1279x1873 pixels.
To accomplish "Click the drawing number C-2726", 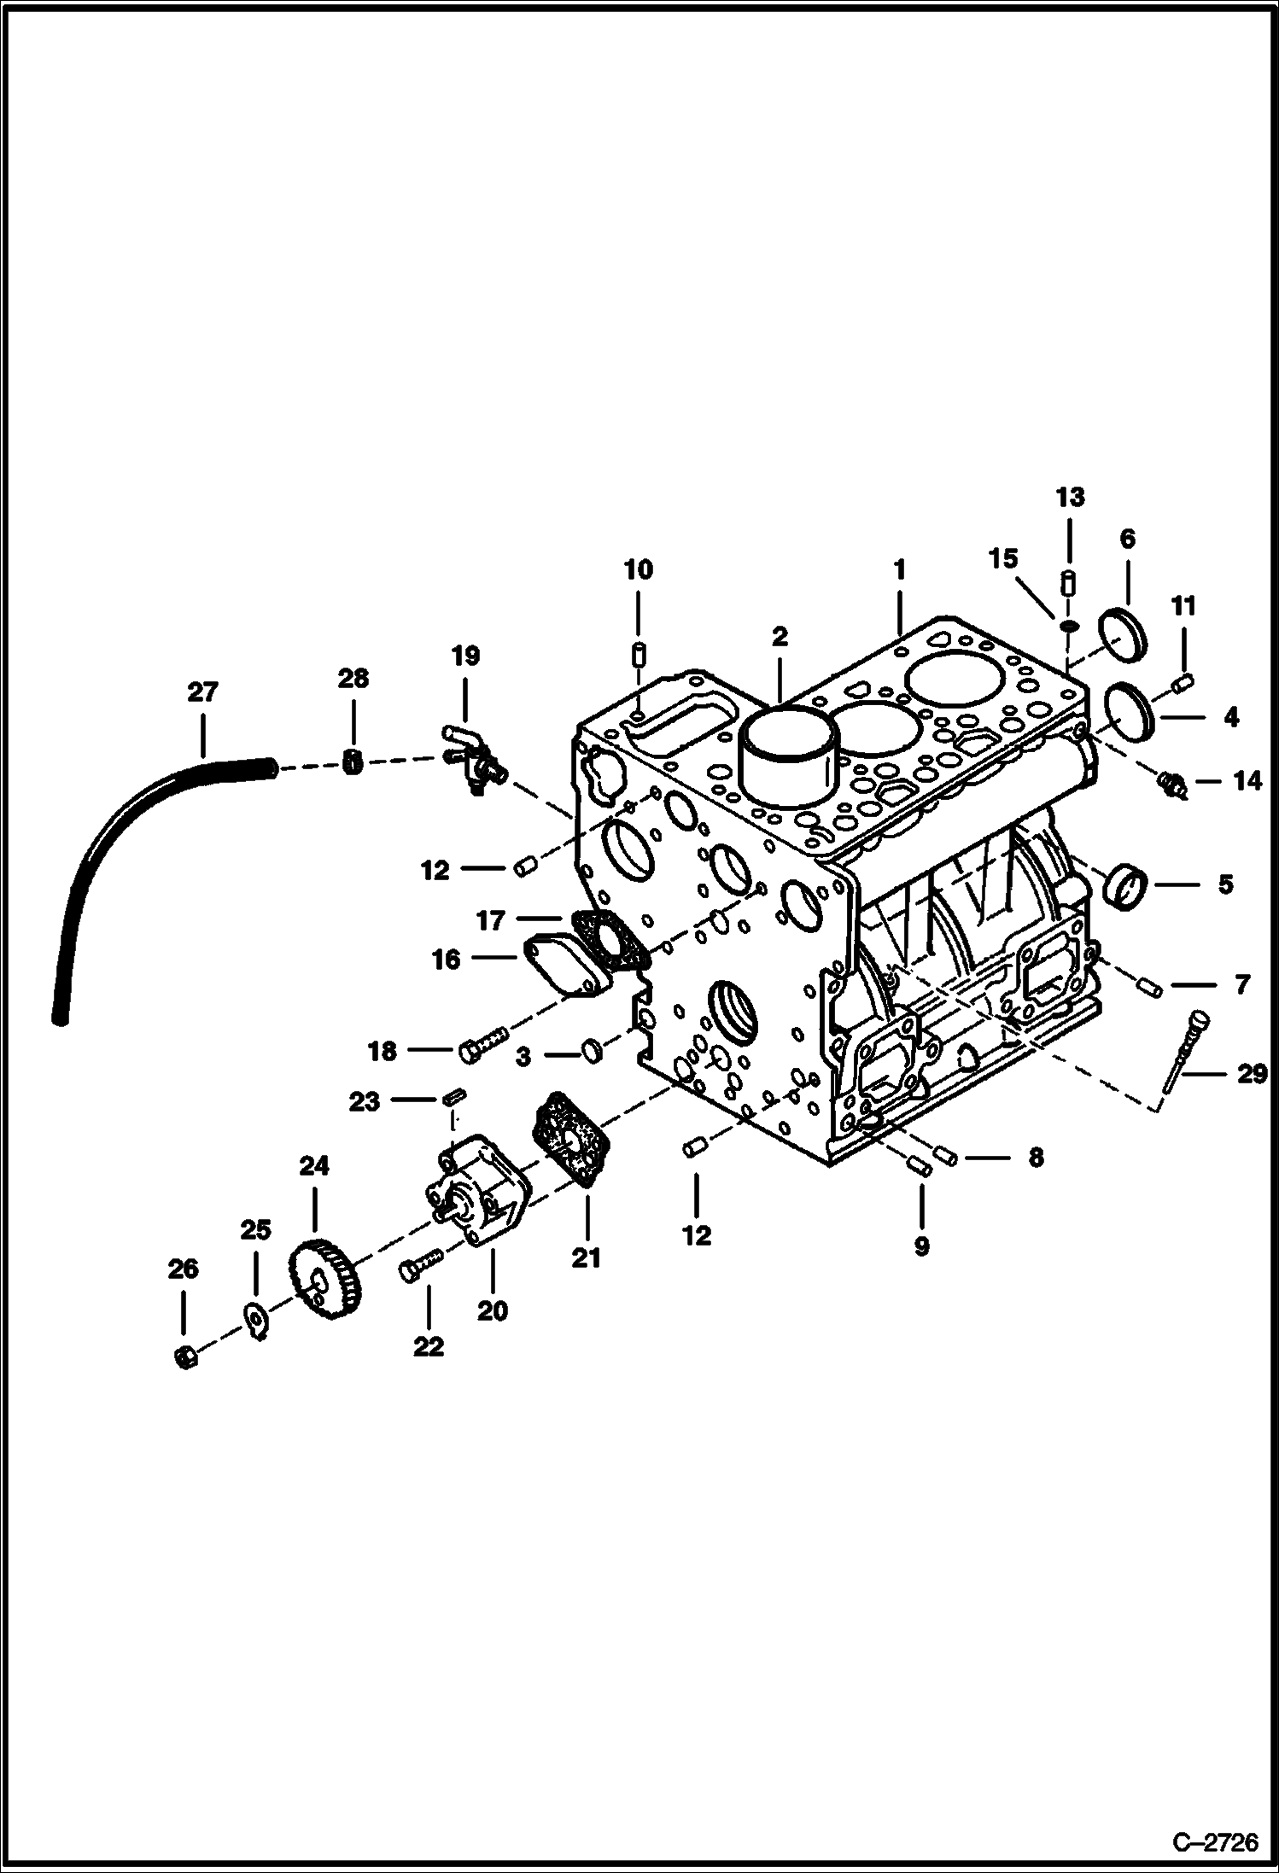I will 1215,1842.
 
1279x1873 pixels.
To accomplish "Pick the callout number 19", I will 465,656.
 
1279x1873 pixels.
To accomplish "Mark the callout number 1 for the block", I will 899,569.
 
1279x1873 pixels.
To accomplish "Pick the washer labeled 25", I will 255,1318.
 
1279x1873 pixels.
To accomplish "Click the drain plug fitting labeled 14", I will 1171,783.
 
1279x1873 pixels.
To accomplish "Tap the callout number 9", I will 921,1246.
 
